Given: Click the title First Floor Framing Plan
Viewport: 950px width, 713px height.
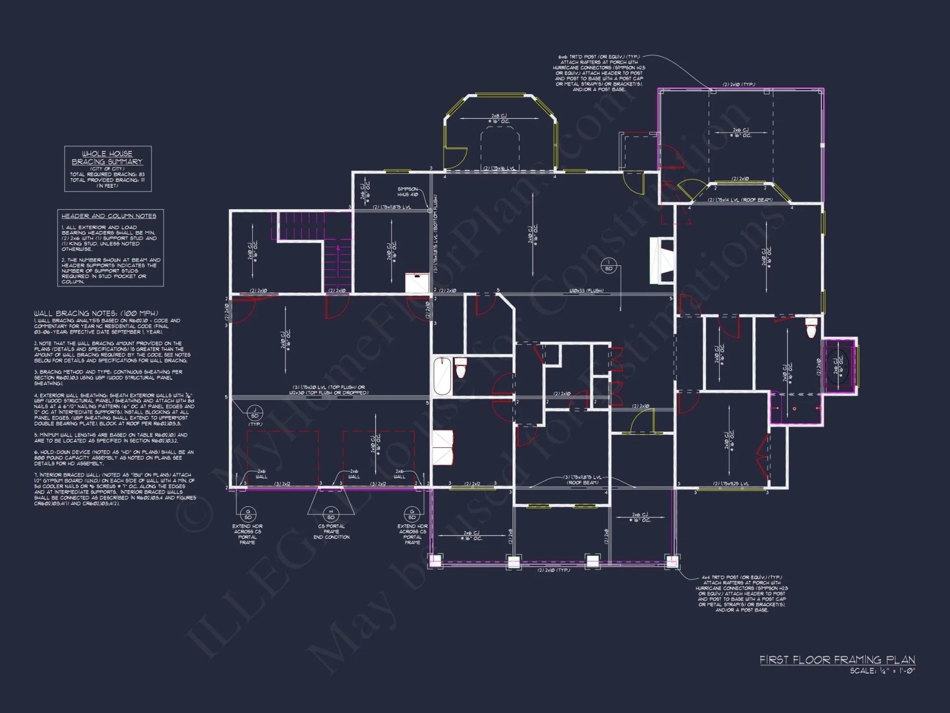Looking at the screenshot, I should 837,660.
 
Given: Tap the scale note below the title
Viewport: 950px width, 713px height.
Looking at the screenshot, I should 882,671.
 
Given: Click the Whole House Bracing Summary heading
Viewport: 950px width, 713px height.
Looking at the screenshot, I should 107,157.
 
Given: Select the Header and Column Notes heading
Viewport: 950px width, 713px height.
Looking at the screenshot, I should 109,216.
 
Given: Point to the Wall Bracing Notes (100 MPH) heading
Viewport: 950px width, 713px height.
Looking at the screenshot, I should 96,313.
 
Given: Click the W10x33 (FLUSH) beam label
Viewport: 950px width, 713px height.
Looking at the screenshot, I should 586,290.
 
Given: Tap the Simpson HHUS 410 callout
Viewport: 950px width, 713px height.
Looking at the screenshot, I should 408,192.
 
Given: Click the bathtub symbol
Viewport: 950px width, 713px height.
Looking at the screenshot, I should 442,376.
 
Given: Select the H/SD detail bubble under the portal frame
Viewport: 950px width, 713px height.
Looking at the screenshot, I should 331,515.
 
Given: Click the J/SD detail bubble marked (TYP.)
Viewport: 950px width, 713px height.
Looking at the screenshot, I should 255,413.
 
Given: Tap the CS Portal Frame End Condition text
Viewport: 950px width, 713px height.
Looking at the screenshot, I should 331,531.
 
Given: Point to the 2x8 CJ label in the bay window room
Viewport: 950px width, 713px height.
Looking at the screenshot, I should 499,118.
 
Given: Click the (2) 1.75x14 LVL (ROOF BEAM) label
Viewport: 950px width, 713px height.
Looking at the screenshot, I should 740,200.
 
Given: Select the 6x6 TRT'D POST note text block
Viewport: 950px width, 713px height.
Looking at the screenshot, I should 599,73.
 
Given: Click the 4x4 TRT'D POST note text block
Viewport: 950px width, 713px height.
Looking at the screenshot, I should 741,593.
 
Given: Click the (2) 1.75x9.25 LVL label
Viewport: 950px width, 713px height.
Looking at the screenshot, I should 731,484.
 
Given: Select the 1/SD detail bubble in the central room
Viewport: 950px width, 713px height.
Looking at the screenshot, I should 608,266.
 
